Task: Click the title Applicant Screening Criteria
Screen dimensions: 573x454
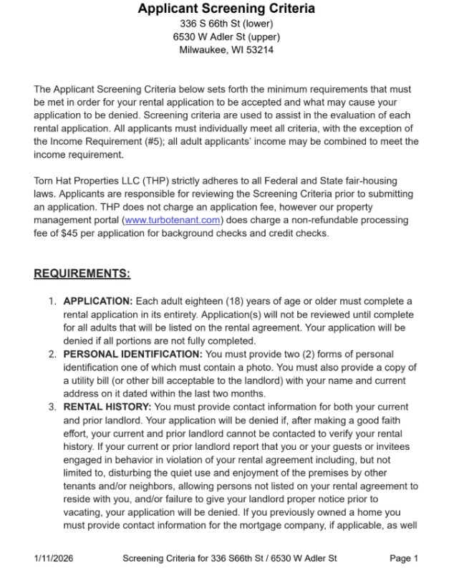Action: [226, 9]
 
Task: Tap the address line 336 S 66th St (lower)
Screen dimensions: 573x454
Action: [226, 24]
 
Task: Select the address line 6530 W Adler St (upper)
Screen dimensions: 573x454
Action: [226, 37]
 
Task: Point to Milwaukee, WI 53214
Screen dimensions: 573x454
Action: [226, 50]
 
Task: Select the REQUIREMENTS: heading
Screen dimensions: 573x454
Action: [82, 273]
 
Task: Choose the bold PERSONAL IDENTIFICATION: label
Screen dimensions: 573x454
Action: [133, 354]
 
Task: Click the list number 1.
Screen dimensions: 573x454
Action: [52, 301]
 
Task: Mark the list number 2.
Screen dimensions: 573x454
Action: [52, 354]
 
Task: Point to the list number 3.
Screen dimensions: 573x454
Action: [52, 407]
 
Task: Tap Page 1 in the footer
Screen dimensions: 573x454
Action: [404, 559]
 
